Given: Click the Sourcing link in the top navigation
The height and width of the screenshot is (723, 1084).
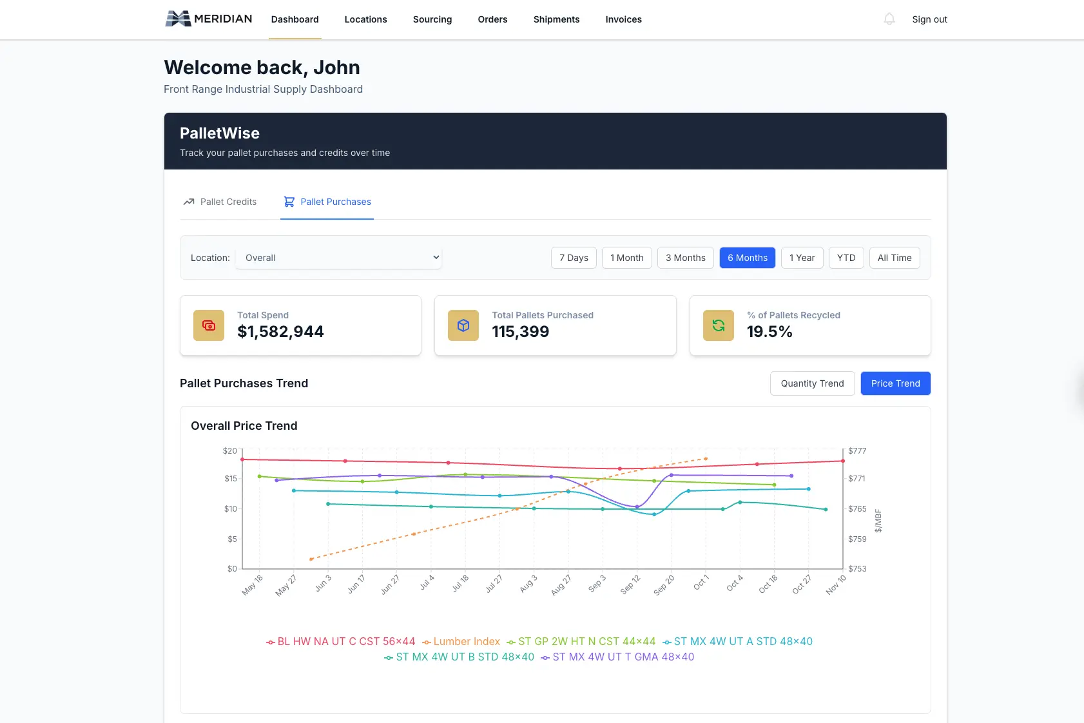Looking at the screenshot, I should tap(432, 19).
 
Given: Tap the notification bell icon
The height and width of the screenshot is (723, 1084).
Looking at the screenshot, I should tap(889, 19).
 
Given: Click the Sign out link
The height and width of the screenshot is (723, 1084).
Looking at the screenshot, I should tap(929, 19).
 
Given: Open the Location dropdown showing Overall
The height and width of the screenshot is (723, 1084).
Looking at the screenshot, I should tap(338, 258).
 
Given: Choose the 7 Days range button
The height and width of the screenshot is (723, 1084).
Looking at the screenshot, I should tap(574, 258).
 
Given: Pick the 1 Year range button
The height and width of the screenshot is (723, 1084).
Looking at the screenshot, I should tap(802, 258).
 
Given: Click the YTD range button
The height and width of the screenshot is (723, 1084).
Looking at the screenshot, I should tap(846, 258).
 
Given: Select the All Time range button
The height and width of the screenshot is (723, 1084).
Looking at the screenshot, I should tap(894, 258).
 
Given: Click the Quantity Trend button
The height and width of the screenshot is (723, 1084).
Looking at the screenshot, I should tap(812, 383).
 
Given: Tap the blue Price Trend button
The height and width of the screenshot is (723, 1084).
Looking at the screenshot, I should tap(895, 383).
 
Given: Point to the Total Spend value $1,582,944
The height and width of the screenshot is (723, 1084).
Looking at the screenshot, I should tap(280, 332).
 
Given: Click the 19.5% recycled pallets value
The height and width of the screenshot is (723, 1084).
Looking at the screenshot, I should tap(769, 332).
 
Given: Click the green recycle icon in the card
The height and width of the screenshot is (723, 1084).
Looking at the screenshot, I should tap(718, 325).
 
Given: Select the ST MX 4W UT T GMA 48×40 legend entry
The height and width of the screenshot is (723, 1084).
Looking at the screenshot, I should tap(618, 657).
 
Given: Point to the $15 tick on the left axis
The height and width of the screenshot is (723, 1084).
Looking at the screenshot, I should tap(231, 478).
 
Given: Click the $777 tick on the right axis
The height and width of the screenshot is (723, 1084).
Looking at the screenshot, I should tap(857, 450).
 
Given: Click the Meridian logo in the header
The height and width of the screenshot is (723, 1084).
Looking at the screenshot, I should tap(209, 19).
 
